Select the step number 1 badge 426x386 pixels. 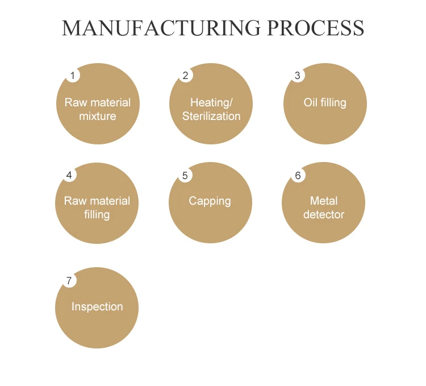tap(72, 76)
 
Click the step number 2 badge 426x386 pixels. tap(185, 76)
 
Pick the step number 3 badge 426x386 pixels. tap(298, 76)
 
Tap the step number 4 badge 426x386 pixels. tap(69, 175)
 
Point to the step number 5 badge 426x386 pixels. tap(185, 175)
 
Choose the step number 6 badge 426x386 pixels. tap(298, 175)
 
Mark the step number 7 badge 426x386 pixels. tap(69, 280)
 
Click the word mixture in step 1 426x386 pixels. tap(98, 117)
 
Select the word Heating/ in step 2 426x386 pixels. tap(211, 103)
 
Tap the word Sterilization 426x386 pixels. tap(211, 117)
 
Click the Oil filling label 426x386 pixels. tap(325, 103)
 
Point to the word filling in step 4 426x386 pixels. tap(97, 215)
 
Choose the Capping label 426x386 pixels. tap(210, 201)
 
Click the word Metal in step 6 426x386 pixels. tap(324, 201)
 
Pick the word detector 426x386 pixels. tap(324, 215)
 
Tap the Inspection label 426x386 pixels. tap(97, 307)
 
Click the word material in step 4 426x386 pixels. tap(108, 201)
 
